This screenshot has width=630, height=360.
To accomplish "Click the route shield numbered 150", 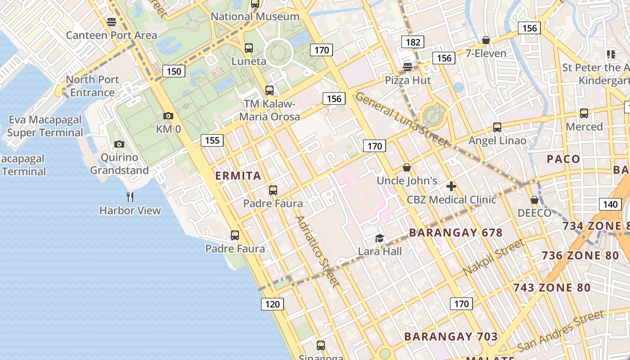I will point(174,71).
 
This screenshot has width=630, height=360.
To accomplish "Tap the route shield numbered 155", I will point(212,140).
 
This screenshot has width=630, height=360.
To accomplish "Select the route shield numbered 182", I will point(413,42).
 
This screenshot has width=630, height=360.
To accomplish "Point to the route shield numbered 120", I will point(272,304).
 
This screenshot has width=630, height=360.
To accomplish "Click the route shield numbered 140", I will point(610,204).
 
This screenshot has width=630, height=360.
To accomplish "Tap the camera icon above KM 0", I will point(168,116).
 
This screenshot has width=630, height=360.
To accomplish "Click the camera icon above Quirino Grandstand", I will point(119,144).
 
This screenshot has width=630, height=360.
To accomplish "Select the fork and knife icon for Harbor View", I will point(130,197).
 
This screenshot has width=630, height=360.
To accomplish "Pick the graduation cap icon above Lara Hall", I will point(380,238).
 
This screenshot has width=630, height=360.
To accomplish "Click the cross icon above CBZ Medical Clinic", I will point(451,186).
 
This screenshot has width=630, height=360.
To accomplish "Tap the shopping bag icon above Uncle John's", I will point(407,168).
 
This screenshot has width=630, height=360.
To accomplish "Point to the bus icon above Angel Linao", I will point(497,127).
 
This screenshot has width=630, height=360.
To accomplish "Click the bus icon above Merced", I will point(584,113).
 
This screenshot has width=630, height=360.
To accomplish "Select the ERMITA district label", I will point(238,175).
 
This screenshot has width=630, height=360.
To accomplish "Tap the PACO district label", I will point(563,159).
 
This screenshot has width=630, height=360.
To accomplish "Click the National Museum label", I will point(255,17).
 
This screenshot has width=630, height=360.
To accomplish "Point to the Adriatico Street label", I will point(317,251).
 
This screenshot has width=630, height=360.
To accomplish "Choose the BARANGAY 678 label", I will point(456,233).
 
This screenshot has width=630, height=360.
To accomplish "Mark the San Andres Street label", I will point(560,331).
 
